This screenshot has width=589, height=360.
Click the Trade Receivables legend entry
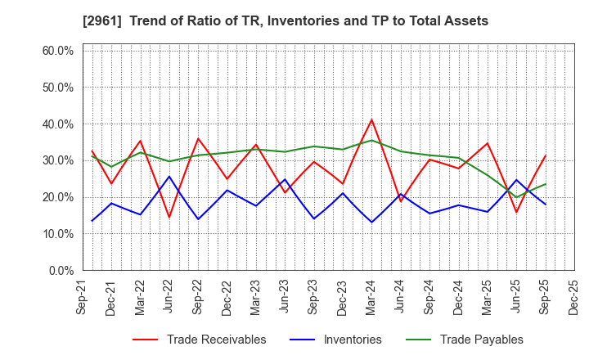216,340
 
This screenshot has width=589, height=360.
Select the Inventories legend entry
352,340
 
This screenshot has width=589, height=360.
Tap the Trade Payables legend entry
481,340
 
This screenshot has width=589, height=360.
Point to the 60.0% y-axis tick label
57,51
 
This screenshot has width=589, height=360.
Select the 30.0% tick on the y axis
57,160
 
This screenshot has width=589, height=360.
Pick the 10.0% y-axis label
57,234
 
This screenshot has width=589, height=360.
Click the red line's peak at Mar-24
372,119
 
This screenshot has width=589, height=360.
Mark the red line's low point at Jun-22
169,217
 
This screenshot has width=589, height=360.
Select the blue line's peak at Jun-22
169,177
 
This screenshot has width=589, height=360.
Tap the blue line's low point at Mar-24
372,222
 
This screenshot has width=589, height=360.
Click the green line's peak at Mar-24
372,140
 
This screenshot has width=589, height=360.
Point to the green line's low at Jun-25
517,196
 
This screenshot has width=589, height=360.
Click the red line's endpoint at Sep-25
546,155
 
